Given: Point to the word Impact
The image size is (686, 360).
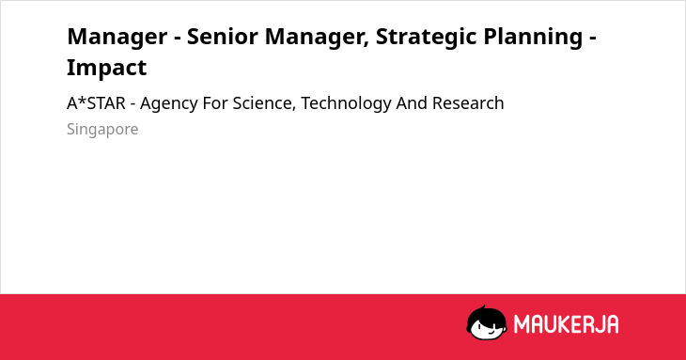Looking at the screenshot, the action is [107, 68].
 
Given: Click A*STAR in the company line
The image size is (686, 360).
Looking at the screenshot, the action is [96, 103].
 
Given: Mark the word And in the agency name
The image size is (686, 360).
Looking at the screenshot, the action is [412, 103].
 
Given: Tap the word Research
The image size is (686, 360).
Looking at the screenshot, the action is [468, 103].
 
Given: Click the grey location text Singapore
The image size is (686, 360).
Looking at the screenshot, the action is [102, 130].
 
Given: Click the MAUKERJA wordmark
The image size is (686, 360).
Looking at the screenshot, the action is [566, 324].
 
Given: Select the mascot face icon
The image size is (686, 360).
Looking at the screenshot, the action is [487, 322].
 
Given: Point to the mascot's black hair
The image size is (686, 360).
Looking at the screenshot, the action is [485, 313].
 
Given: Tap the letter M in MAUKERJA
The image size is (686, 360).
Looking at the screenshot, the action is [522, 324].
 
